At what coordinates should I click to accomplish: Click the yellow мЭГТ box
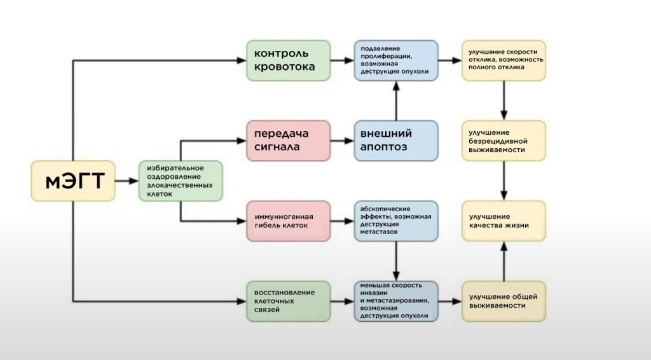click(x=73, y=181)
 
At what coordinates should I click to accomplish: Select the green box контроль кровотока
click(x=288, y=60)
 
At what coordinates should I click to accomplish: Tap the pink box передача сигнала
click(x=288, y=141)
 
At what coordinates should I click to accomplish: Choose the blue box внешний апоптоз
click(x=396, y=141)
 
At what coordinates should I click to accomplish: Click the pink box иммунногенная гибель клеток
click(x=288, y=221)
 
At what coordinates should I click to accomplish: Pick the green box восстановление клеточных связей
click(x=288, y=301)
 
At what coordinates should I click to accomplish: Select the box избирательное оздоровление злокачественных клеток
click(x=181, y=181)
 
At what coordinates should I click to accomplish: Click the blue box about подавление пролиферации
click(x=396, y=60)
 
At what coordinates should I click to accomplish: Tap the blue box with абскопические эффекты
click(x=396, y=221)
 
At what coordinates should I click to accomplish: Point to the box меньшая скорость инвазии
click(x=396, y=301)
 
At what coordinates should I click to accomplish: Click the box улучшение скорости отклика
click(x=504, y=60)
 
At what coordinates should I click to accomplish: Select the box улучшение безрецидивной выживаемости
click(x=504, y=141)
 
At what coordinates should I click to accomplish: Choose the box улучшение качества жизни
click(x=504, y=221)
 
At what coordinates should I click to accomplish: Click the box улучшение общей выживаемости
click(x=504, y=301)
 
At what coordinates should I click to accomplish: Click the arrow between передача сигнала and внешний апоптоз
click(x=343, y=141)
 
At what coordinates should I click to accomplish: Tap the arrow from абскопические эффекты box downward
click(x=396, y=261)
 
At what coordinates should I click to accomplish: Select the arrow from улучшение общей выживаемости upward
click(x=504, y=261)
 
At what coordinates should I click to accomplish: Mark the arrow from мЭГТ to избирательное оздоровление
click(x=127, y=181)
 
